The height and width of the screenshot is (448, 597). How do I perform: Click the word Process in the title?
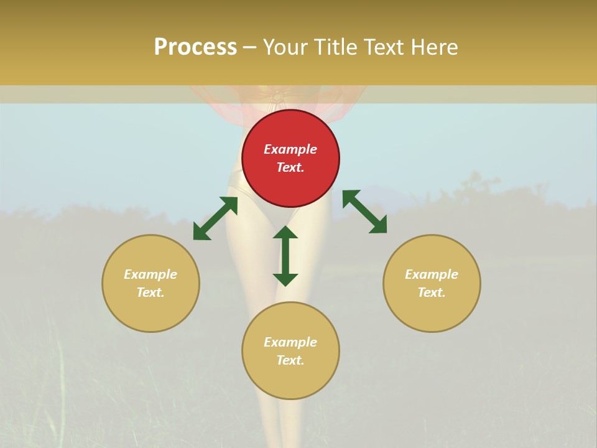pos(195,47)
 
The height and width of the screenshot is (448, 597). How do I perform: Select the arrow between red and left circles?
pos(215,218)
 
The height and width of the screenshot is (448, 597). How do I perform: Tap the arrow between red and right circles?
pos(364,212)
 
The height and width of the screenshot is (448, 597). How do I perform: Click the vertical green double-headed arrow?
pos(285,256)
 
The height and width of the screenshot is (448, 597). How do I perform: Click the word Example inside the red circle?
pos(290,149)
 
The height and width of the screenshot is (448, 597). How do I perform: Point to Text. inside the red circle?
pos(290,167)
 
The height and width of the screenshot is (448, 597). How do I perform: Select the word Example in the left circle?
pos(150,274)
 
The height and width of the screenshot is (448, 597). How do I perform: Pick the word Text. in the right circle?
pos(432,292)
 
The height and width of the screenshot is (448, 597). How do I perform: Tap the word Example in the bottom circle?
pos(290,342)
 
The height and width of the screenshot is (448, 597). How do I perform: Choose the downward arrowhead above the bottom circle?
pos(285,279)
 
